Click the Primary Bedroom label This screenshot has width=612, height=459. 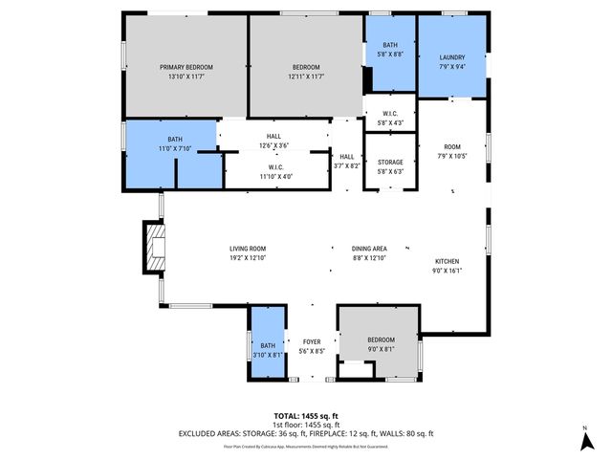(x=186, y=71)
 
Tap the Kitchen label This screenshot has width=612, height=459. (x=448, y=266)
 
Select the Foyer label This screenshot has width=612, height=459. (x=312, y=346)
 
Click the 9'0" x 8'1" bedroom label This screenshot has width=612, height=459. (x=381, y=344)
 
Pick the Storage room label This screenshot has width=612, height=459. (x=390, y=167)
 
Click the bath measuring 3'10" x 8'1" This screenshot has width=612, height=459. (x=267, y=350)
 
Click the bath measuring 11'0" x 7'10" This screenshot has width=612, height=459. (x=175, y=143)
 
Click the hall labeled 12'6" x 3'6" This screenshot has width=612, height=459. (x=273, y=141)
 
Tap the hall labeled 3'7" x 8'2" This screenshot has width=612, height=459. (x=346, y=162)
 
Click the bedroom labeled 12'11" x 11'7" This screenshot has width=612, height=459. (x=306, y=71)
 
